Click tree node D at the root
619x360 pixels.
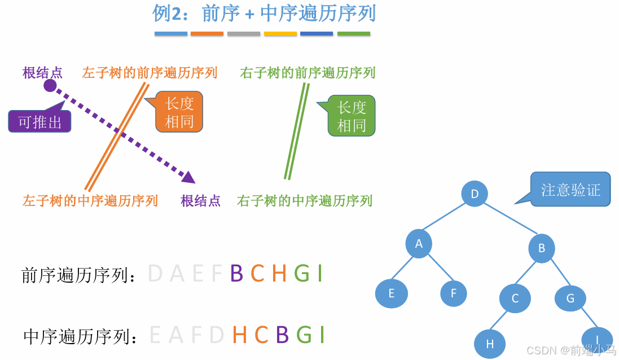(475, 194)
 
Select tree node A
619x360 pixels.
(419, 244)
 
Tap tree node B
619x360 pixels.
(542, 248)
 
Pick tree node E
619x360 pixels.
(392, 293)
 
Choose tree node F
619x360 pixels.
(454, 293)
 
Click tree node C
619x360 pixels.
(515, 298)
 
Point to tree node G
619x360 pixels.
(570, 298)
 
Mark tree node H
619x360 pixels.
(489, 344)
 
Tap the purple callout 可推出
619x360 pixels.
(39, 121)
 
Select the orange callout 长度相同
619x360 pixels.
(179, 112)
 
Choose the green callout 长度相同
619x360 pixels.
(352, 116)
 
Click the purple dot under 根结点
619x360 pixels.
(50, 86)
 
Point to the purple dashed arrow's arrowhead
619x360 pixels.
(189, 177)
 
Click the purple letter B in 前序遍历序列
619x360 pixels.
(236, 274)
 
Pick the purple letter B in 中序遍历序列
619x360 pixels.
(282, 335)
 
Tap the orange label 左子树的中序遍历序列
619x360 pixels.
(90, 200)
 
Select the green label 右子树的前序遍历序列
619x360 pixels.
(308, 73)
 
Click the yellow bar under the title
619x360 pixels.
(280, 34)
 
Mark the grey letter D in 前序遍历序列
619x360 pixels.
(155, 274)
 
